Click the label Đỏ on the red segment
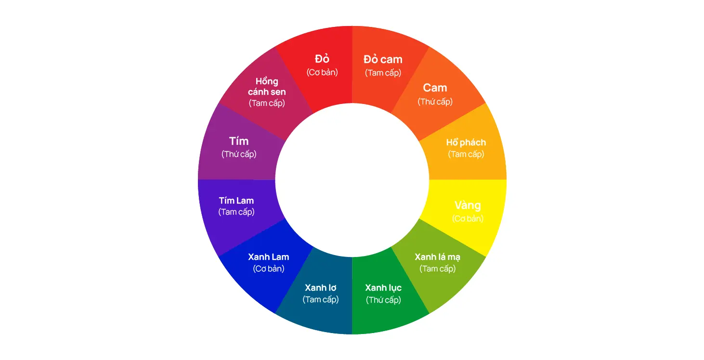point(322,59)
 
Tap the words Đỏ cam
point(383,59)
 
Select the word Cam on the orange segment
point(435,88)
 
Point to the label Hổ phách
point(466,142)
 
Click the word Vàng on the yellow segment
point(468,206)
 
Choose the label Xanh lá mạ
point(438,257)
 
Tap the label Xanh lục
point(383,288)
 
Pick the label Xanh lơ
point(321,288)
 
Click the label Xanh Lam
point(269,257)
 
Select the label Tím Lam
point(236,200)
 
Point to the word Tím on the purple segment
point(239,141)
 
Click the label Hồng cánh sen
point(267,86)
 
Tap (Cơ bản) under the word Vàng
point(468,219)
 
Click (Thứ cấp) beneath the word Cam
point(435,102)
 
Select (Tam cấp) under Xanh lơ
point(321,299)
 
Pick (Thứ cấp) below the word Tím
point(239,154)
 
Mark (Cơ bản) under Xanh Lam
point(269,269)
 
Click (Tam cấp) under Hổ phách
point(466,154)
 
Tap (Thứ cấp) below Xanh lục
point(383,300)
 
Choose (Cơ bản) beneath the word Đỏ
point(322,72)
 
